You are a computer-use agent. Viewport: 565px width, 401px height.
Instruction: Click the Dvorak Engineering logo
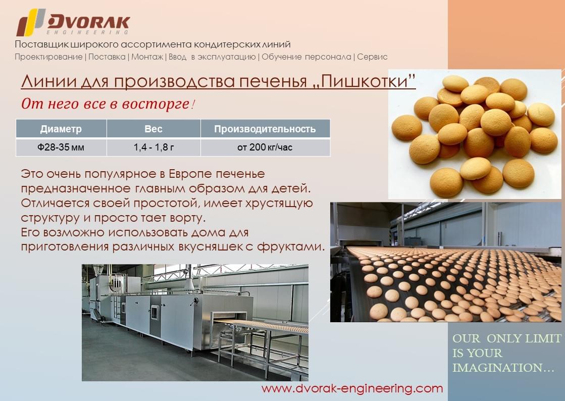(x=73, y=22)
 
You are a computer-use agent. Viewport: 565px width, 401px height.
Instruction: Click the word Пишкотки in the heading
(x=364, y=81)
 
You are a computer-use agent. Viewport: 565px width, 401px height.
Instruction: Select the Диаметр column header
(x=61, y=129)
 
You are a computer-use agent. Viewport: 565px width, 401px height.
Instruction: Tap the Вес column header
(x=153, y=129)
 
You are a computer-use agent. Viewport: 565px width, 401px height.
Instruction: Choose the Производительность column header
(x=265, y=129)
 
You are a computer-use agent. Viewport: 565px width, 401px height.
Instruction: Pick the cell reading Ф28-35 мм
(x=61, y=147)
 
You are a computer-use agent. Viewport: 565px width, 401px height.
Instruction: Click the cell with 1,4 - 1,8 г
(x=153, y=147)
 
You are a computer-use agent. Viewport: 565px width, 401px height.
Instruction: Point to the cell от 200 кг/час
(x=265, y=147)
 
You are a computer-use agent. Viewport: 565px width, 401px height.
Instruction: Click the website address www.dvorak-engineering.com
(x=352, y=388)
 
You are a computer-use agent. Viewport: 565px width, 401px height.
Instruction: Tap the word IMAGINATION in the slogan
(x=497, y=368)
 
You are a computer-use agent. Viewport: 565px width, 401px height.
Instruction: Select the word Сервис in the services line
(x=372, y=57)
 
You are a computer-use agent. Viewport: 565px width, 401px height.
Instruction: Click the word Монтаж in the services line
(x=147, y=57)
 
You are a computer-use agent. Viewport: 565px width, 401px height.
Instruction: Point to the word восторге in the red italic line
(x=156, y=104)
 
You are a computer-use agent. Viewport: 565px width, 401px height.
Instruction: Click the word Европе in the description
(x=187, y=174)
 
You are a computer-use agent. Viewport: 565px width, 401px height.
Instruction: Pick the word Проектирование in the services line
(x=48, y=57)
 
